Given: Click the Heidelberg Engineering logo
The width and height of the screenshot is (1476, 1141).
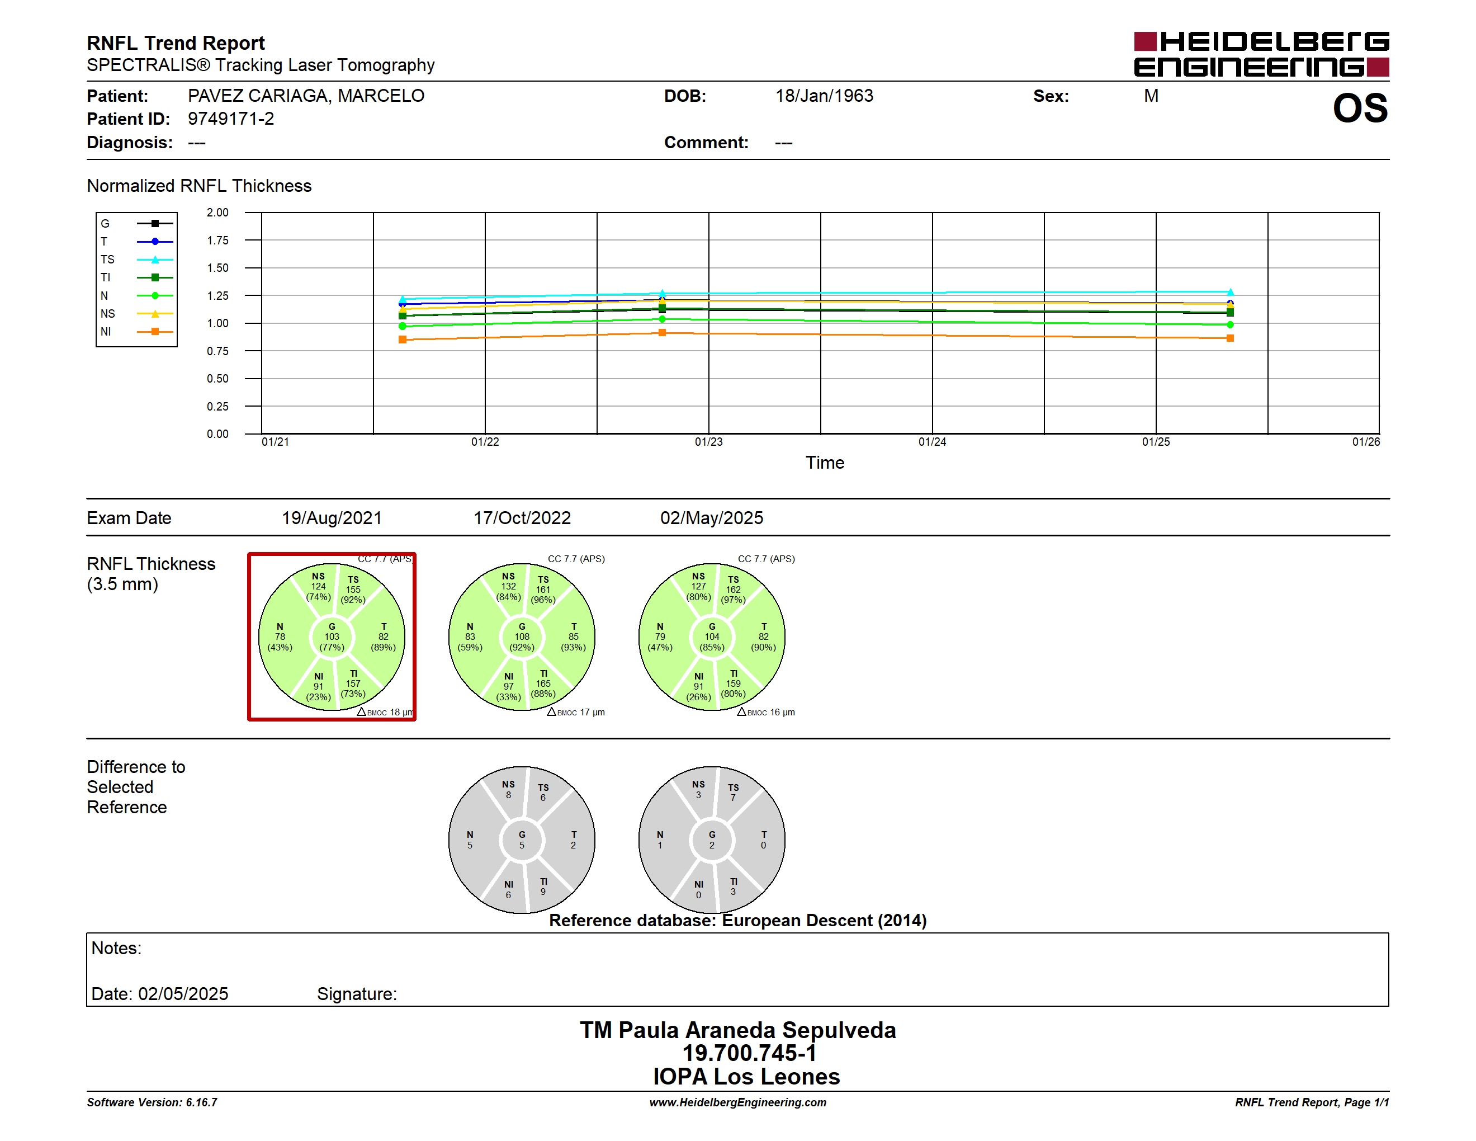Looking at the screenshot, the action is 1261,54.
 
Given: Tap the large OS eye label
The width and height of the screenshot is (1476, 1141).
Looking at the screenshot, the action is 1360,108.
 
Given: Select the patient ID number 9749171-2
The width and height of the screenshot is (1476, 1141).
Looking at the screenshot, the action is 231,119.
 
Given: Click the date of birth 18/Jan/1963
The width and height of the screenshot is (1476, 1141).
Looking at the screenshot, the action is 824,96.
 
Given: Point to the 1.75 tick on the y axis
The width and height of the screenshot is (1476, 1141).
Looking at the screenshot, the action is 217,241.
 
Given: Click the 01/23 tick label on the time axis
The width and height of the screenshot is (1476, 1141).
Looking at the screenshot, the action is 708,442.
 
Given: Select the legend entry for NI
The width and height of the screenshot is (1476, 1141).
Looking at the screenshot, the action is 136,332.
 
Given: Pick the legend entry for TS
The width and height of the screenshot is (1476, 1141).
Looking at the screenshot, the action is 136,260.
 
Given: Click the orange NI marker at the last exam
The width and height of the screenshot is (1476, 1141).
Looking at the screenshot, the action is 1230,338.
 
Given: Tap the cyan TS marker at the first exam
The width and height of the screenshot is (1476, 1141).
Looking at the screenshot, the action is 403,298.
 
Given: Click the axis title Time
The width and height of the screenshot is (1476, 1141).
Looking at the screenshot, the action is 825,463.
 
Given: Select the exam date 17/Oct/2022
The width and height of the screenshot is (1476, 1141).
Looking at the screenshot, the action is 522,518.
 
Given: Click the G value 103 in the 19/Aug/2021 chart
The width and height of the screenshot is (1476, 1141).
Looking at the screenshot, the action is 332,636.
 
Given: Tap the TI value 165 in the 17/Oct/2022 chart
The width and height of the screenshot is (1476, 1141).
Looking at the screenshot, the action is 543,683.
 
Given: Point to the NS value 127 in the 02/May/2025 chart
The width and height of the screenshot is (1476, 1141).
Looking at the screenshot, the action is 698,587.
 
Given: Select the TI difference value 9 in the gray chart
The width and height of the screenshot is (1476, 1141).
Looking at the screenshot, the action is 543,892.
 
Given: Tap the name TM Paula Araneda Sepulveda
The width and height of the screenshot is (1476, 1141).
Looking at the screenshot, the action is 738,1030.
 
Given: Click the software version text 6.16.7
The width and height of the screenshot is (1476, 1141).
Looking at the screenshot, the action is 201,1102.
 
